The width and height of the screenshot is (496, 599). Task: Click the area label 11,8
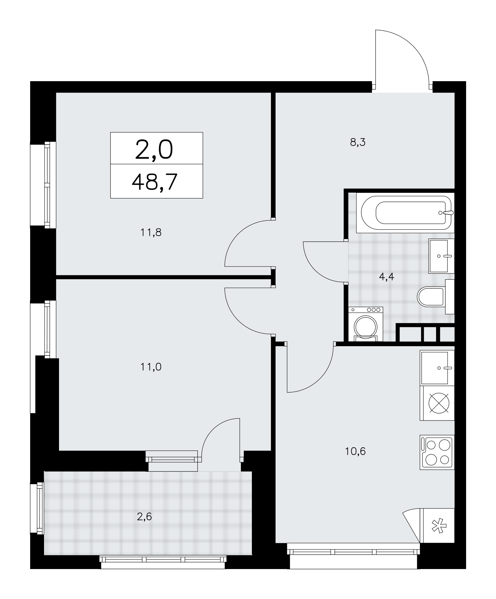tap(151, 232)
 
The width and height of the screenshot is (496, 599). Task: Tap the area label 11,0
tap(151, 367)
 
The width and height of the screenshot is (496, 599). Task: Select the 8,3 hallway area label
tap(358, 142)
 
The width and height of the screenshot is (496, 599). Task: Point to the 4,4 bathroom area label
tap(386, 277)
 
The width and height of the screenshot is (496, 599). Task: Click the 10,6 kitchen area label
tap(355, 459)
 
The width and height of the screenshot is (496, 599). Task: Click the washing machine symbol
tap(365, 324)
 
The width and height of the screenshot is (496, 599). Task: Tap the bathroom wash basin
tap(441, 256)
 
